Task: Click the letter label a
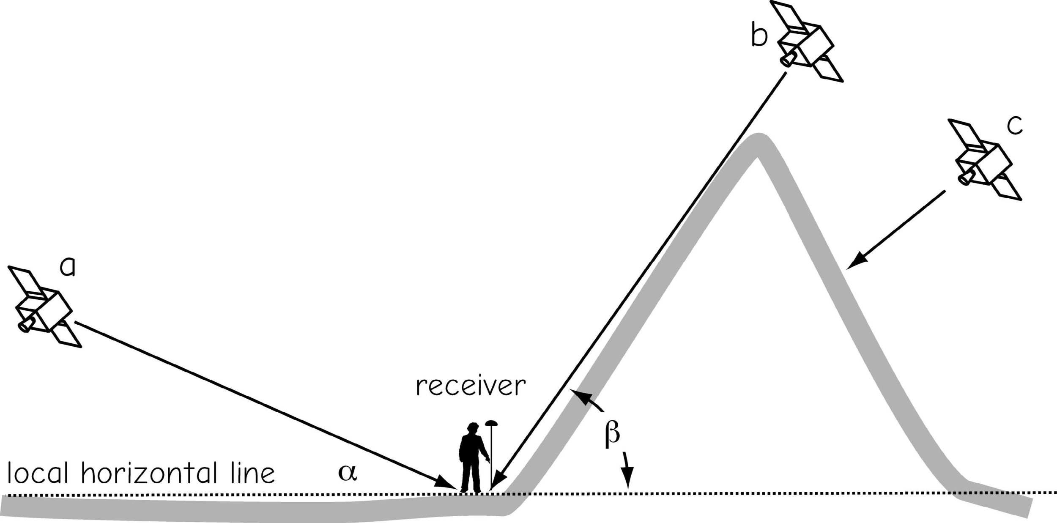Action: pos(68,267)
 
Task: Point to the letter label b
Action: pos(759,35)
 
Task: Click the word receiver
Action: pos(471,386)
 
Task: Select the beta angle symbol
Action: pos(612,435)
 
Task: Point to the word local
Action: pos(38,473)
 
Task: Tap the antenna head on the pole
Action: pos(491,422)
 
